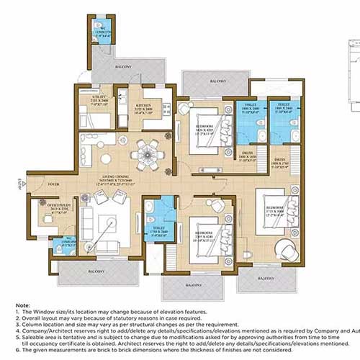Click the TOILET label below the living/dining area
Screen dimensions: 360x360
158,231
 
